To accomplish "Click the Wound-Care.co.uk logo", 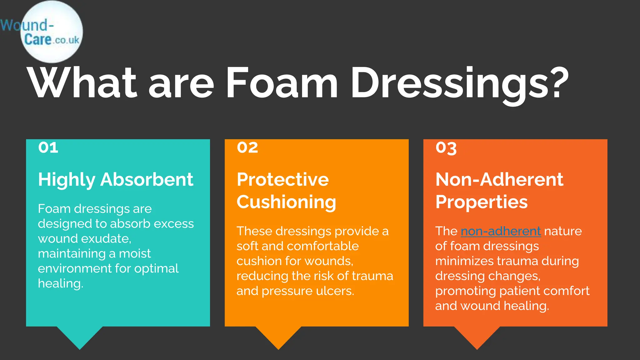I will point(47,32).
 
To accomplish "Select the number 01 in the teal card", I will point(48,147).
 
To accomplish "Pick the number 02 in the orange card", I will point(247,147).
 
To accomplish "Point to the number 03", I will point(446,148).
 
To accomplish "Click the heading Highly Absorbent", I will point(116,180).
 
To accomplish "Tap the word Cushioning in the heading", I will point(286,202).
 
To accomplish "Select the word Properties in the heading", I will point(482,202).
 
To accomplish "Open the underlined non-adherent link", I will point(501,231).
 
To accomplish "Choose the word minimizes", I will point(464,261).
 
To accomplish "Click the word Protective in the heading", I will point(282,180).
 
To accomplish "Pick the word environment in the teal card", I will point(75,268).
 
